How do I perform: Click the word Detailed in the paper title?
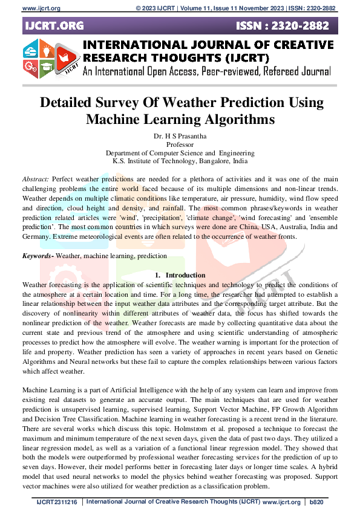coord(68,102)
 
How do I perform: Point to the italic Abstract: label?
coord(36,180)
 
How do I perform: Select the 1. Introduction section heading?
coord(180,275)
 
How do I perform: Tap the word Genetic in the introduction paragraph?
coord(324,352)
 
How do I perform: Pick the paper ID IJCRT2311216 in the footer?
coord(57,502)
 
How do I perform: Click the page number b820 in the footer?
coord(317,502)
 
